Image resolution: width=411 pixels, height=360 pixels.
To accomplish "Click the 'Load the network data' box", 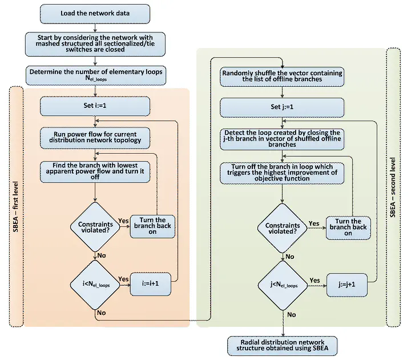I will [95, 13].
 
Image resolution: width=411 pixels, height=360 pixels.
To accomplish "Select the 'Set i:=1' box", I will [95, 106].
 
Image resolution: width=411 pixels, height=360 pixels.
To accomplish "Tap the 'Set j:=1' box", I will [282, 106].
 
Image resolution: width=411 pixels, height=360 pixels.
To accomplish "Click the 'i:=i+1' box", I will [151, 284].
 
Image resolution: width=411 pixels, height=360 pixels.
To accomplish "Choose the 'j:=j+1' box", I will [346, 283].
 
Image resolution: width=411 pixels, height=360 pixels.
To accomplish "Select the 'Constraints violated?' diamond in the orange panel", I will [95, 225].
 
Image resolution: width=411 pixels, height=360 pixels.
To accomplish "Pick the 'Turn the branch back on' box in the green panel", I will [348, 227].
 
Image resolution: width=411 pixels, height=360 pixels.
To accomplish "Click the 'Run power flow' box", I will [95, 137].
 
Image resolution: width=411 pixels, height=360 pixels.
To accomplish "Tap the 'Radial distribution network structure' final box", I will [282, 345].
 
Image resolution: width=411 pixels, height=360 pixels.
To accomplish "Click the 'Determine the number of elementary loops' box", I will [95, 74].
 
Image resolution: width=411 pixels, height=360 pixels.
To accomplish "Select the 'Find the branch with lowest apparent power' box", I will [95, 170].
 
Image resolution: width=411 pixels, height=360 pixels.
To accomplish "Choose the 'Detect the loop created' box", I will [282, 138].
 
